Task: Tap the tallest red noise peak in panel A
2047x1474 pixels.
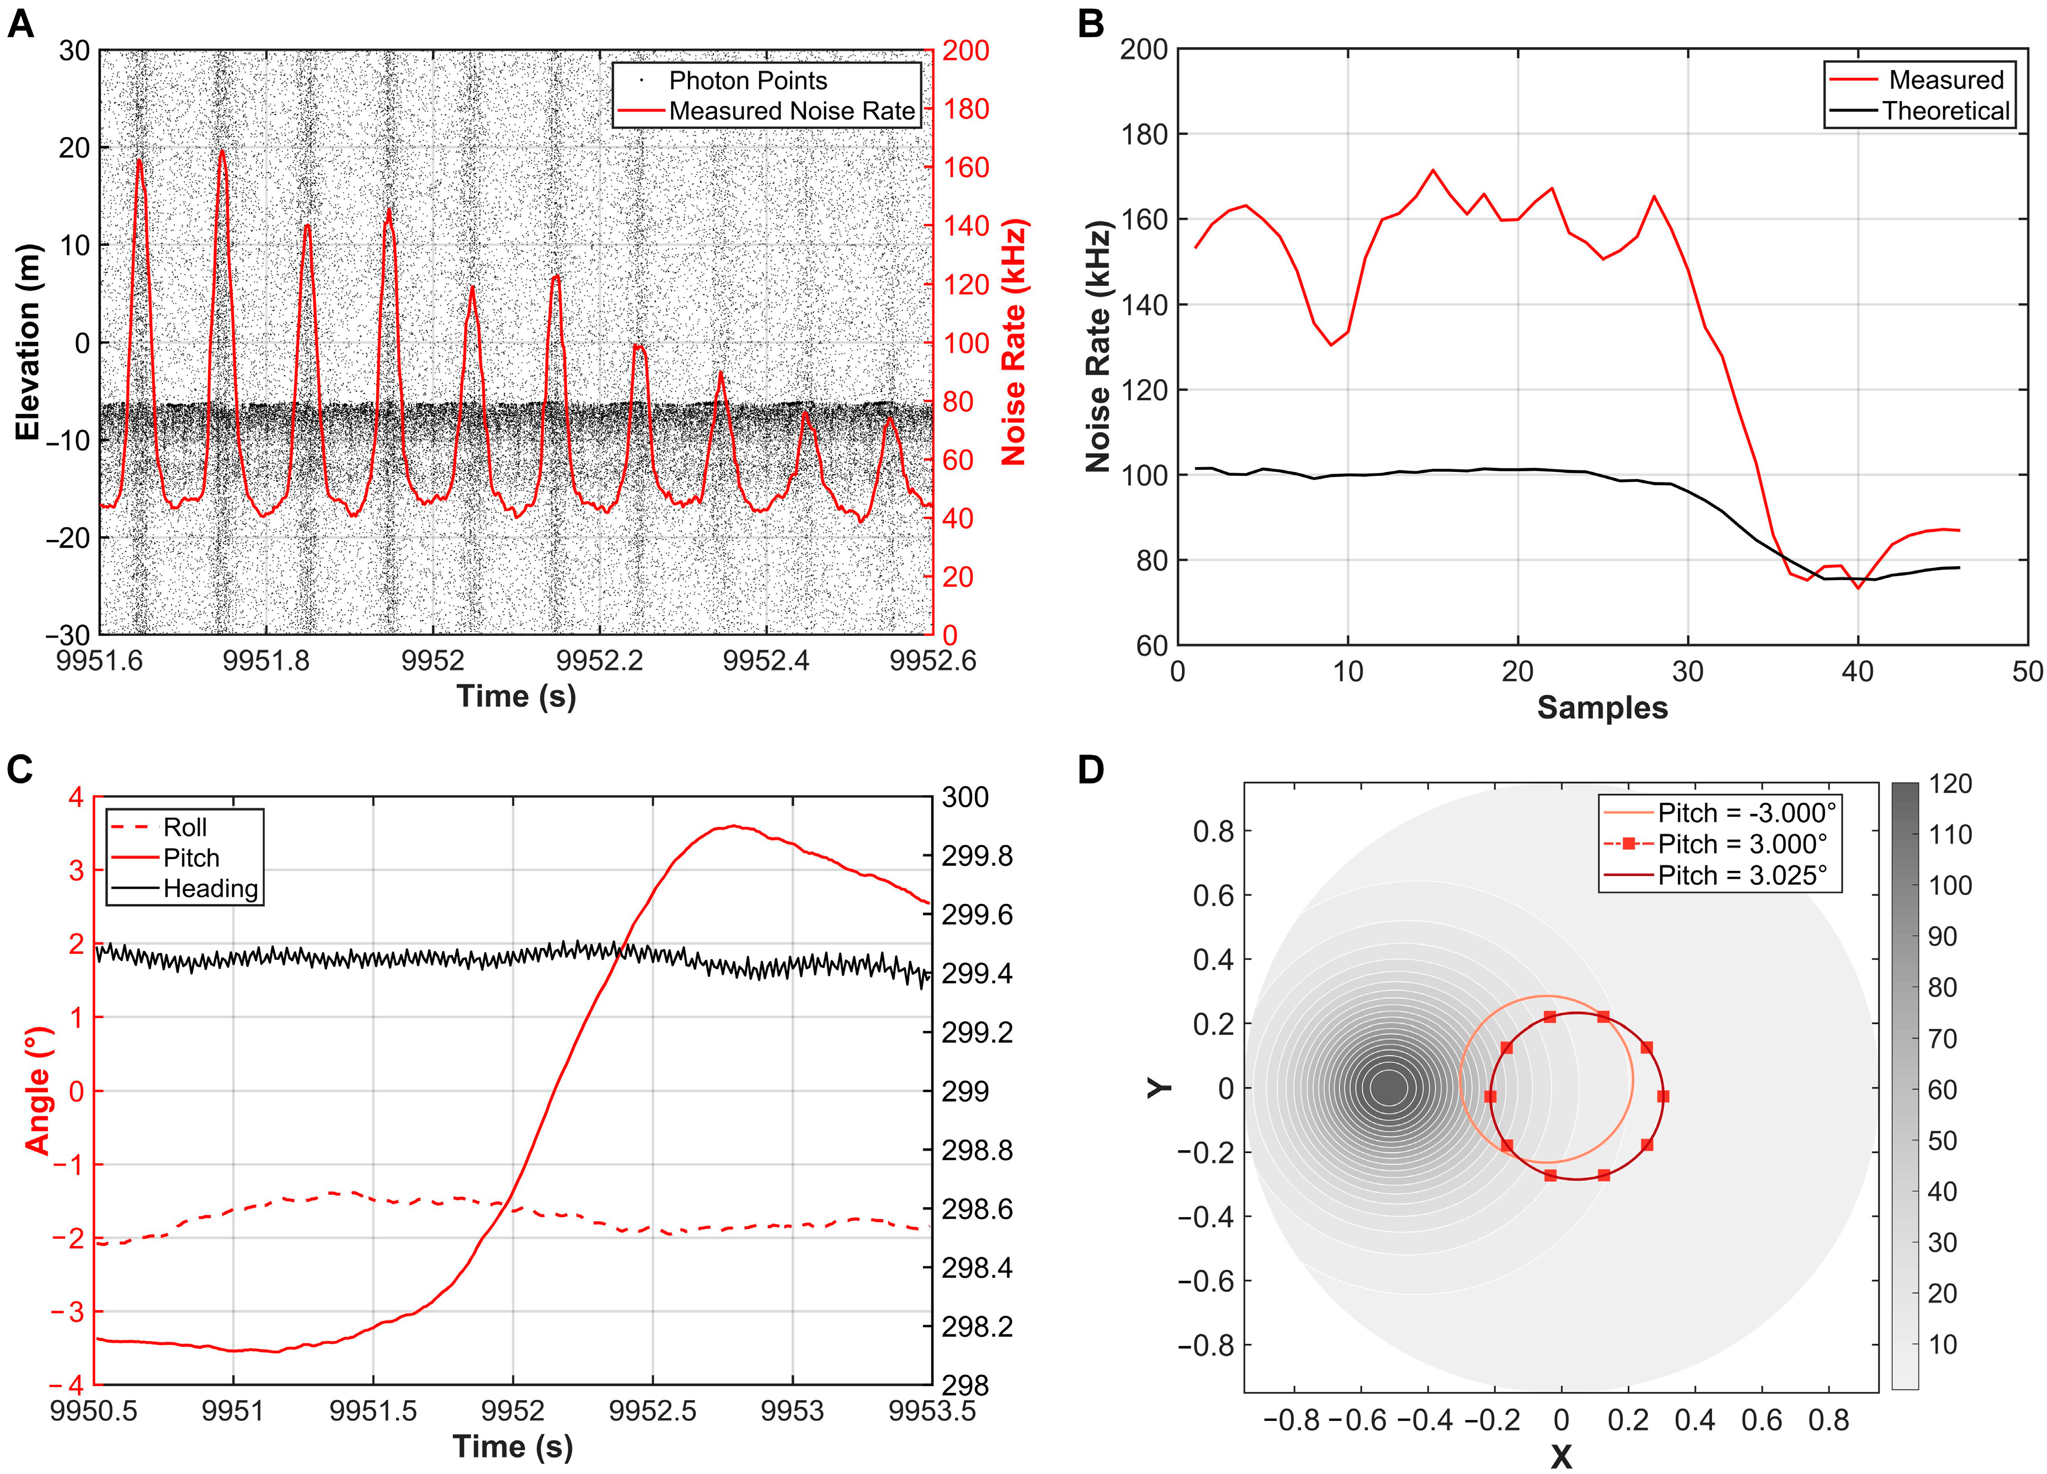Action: (222, 152)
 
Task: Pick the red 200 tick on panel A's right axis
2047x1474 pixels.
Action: (966, 51)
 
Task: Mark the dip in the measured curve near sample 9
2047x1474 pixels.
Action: (1330, 344)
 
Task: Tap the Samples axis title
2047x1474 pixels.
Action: (1602, 708)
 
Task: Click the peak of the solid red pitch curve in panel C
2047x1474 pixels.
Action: (733, 826)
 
